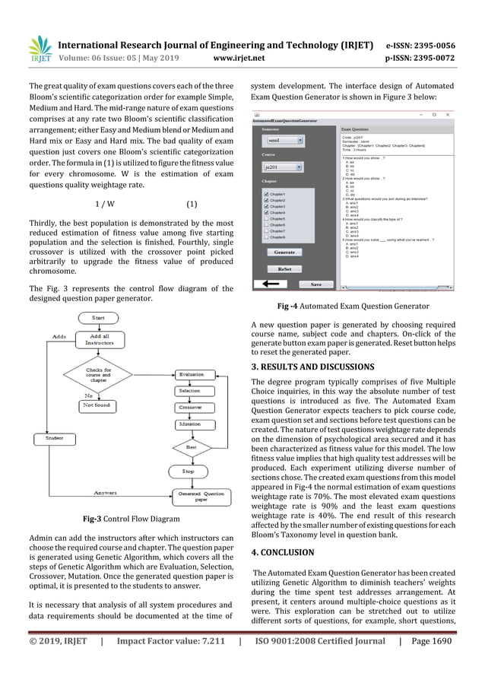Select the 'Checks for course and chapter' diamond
point(97,374)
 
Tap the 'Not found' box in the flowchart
point(98,406)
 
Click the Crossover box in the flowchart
point(189,407)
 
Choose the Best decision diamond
point(191,448)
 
